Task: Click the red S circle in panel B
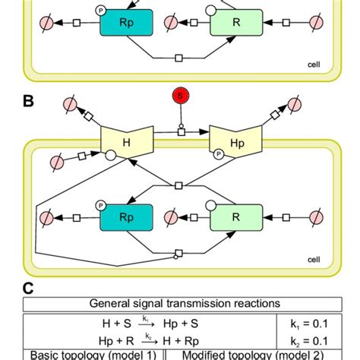[x=180, y=95]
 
